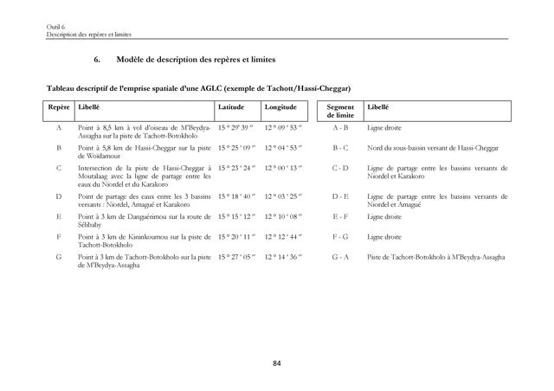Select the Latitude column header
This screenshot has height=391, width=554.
point(231,107)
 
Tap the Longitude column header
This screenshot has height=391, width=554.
point(280,107)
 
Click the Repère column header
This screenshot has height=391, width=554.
point(59,107)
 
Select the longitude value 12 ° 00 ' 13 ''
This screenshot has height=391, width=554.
point(282,168)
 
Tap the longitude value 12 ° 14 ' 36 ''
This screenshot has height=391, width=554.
point(282,257)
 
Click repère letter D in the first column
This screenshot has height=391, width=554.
point(59,196)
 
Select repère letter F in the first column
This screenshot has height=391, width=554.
point(59,236)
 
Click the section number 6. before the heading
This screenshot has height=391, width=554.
point(97,60)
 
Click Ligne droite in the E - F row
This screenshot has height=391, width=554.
point(382,216)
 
